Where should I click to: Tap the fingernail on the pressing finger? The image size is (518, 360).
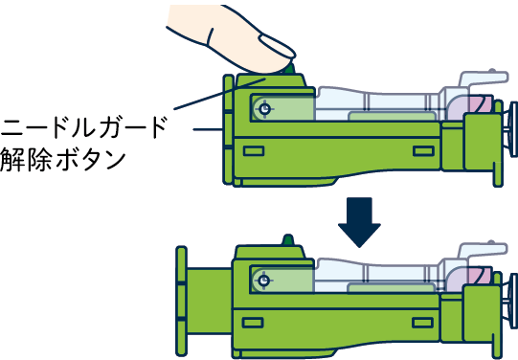click(277, 46)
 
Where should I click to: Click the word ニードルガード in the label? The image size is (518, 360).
click(83, 127)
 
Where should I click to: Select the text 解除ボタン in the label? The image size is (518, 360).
click(63, 160)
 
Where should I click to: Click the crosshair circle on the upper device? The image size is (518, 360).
click(264, 108)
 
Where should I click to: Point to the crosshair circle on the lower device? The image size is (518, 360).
click(263, 281)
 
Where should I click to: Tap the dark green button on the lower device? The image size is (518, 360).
click(288, 239)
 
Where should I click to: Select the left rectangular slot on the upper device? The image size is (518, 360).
click(254, 151)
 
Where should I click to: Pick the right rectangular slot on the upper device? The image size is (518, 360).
click(423, 151)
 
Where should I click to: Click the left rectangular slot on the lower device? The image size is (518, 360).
click(253, 323)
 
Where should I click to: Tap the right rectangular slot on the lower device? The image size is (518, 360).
click(423, 323)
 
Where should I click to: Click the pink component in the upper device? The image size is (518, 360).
click(481, 103)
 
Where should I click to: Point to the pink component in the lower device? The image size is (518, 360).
click(480, 276)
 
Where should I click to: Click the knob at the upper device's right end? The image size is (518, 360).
click(513, 129)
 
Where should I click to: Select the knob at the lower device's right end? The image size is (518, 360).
click(513, 301)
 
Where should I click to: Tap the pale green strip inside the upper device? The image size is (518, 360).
click(393, 116)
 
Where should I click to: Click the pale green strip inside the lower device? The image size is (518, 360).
click(392, 288)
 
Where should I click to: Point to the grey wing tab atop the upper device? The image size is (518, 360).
click(483, 79)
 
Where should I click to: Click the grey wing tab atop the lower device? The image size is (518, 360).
click(483, 250)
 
